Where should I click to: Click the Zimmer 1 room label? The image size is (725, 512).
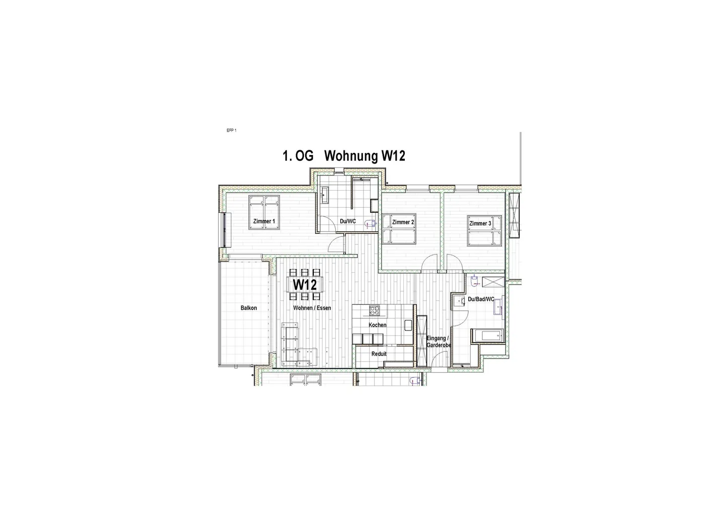point(264,221)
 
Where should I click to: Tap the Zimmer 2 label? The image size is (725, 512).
point(403,222)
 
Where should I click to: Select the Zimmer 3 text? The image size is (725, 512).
point(480,223)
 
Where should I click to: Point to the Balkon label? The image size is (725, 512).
point(249,308)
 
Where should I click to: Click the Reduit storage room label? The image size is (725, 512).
point(379,354)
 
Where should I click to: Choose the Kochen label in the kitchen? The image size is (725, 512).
point(378,325)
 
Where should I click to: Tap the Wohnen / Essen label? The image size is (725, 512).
point(313,308)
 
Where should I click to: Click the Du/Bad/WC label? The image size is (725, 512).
point(481,300)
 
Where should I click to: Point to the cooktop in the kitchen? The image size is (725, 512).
point(374,310)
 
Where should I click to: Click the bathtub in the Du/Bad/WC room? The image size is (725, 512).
point(487,335)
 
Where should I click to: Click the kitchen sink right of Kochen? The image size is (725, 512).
point(408,325)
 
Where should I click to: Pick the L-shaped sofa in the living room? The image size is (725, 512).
point(297,347)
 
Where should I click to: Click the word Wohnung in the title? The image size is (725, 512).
point(350,156)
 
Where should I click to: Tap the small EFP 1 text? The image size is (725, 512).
point(232,131)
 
